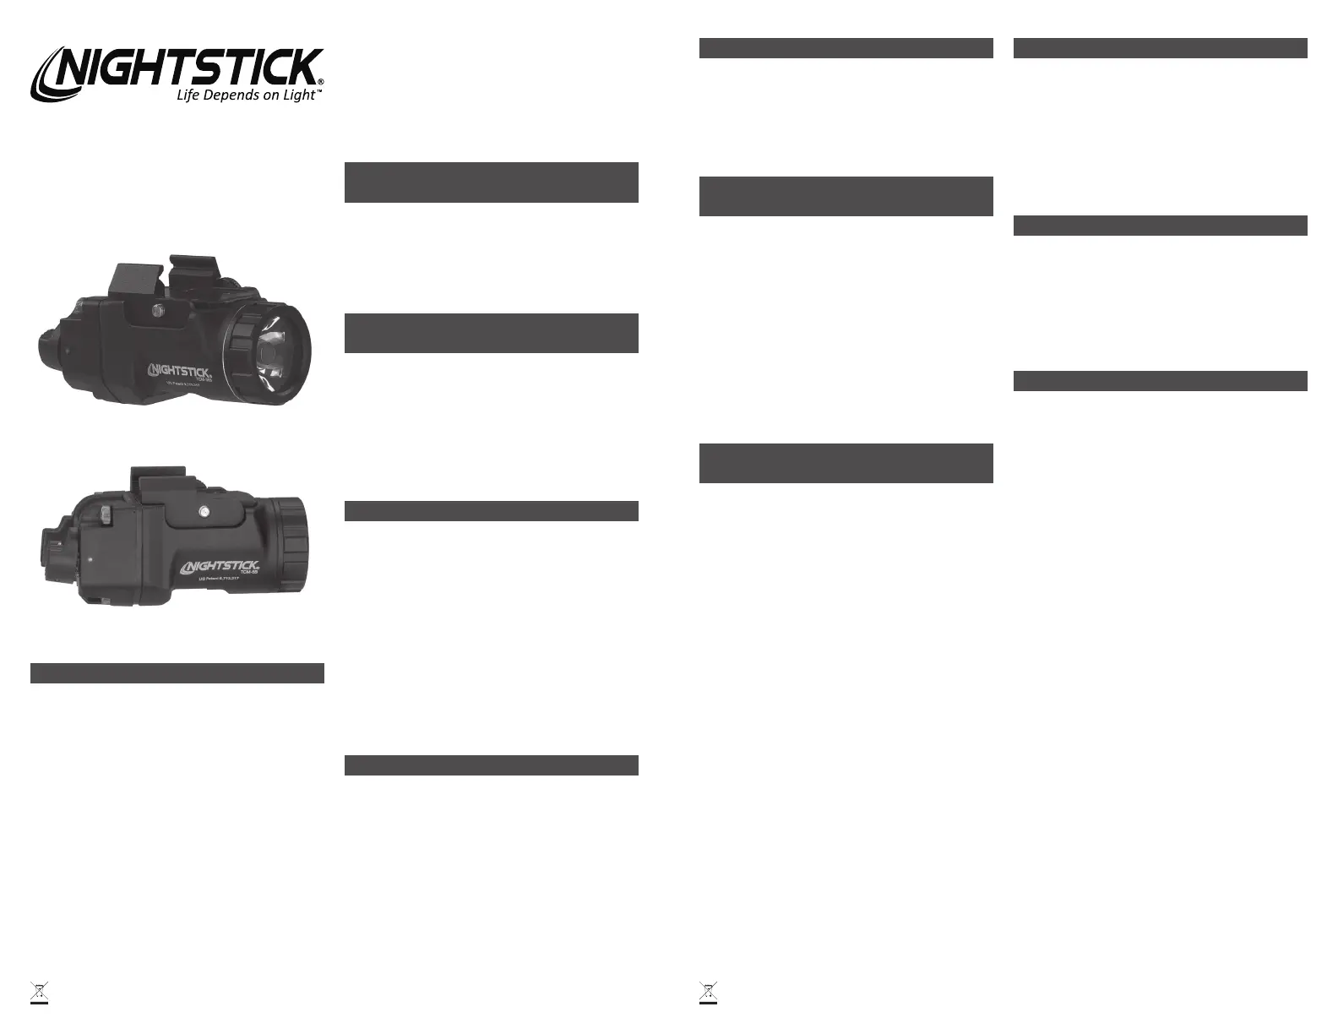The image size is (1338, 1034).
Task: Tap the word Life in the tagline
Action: (188, 95)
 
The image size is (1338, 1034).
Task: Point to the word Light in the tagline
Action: (298, 95)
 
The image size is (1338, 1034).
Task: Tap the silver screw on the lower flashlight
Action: (205, 510)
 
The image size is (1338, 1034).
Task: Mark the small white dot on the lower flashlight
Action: (90, 558)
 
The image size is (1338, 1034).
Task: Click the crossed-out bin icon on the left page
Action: (38, 993)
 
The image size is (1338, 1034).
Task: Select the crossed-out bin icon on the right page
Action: (708, 993)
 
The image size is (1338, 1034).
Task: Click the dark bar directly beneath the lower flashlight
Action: (177, 673)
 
